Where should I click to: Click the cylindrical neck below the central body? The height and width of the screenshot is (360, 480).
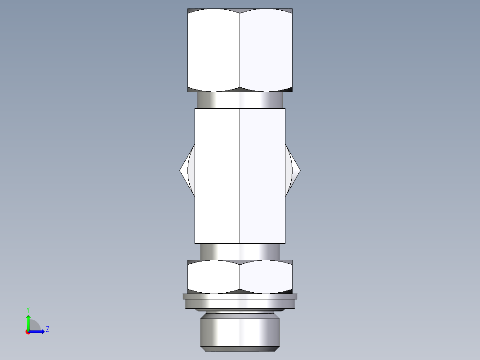coord(240,251)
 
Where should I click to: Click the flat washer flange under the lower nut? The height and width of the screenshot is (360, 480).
coord(240,296)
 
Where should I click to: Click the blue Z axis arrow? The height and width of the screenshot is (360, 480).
coord(39,331)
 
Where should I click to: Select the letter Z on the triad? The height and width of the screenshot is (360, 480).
coord(47,329)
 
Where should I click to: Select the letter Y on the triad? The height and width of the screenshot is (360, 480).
coord(28,310)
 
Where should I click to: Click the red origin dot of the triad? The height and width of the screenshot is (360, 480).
coord(28,332)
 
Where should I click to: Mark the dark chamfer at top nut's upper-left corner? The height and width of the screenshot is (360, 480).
coord(191,10)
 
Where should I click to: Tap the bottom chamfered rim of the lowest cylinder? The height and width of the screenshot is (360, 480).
coord(240,347)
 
